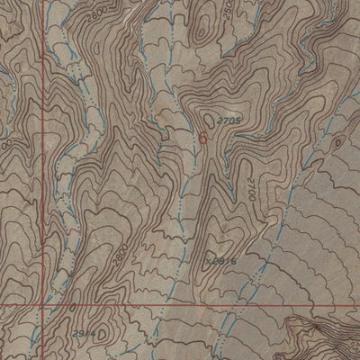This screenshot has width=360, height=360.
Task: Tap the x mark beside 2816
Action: coord(208,261)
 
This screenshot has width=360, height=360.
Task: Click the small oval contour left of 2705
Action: coord(210,117)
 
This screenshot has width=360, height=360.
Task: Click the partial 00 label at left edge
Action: coord(4,143)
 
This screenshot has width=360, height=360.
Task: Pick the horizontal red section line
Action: coord(180,304)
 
